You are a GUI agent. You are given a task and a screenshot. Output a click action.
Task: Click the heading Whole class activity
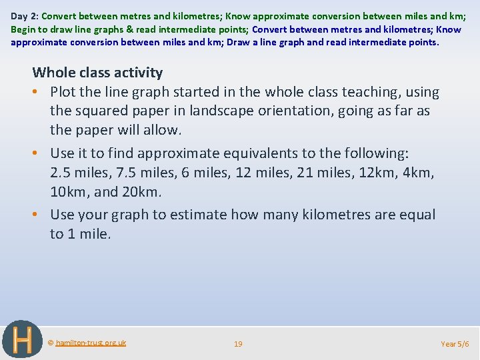(97, 73)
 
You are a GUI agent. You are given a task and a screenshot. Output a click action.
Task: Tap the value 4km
(421, 173)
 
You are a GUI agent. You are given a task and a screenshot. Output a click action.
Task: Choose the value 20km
(143, 193)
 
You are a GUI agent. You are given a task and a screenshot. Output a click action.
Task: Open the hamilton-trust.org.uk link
(90, 343)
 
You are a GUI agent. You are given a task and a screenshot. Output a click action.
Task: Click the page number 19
(238, 344)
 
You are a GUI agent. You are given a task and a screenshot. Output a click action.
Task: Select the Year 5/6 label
(455, 344)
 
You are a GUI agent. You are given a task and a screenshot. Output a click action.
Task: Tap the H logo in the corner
(22, 339)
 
